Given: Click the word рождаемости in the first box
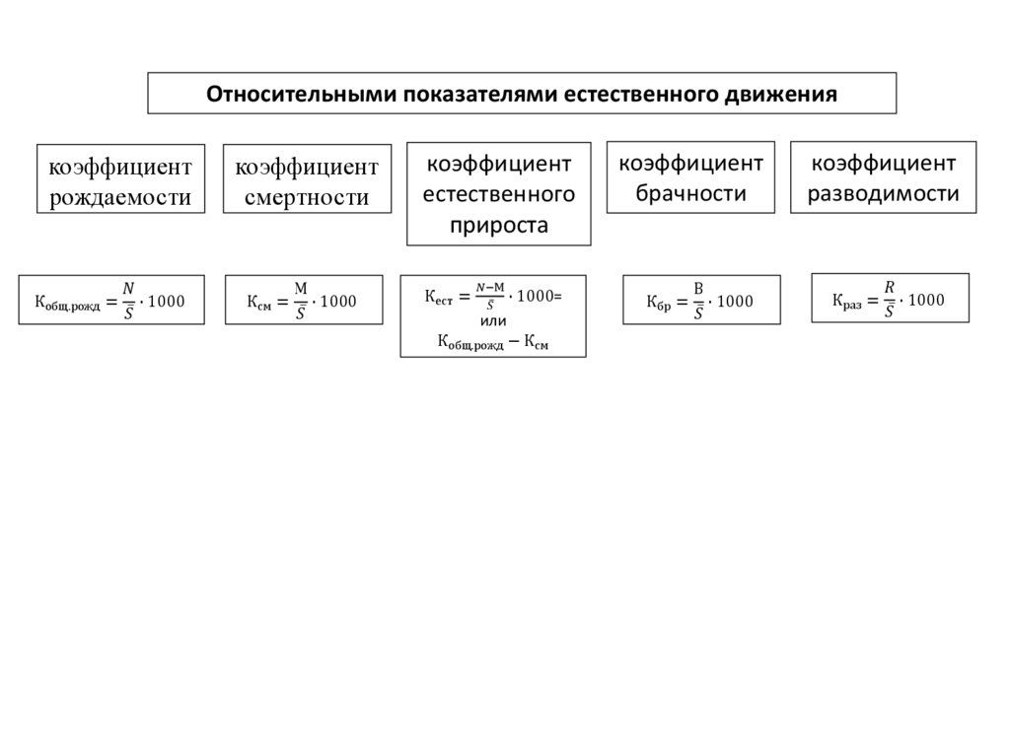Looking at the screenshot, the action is (x=120, y=197).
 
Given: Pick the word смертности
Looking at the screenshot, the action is (x=307, y=197).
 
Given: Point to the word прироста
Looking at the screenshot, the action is (x=498, y=225).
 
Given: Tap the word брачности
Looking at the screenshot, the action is (x=689, y=193).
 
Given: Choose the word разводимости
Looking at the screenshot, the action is (x=883, y=193).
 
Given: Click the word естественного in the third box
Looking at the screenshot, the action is (x=499, y=193).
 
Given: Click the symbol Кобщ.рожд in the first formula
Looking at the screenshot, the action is (x=67, y=303).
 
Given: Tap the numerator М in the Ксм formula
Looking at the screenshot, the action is (x=302, y=288).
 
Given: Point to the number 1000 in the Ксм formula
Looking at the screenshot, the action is (x=338, y=301).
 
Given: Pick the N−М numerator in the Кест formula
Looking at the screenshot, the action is (x=490, y=287).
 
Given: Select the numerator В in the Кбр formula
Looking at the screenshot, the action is (x=698, y=288).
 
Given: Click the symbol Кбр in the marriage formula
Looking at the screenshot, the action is (x=658, y=303).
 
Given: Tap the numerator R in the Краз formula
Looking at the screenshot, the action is (x=890, y=287).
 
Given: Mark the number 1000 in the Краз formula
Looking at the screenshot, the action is (x=925, y=300).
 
